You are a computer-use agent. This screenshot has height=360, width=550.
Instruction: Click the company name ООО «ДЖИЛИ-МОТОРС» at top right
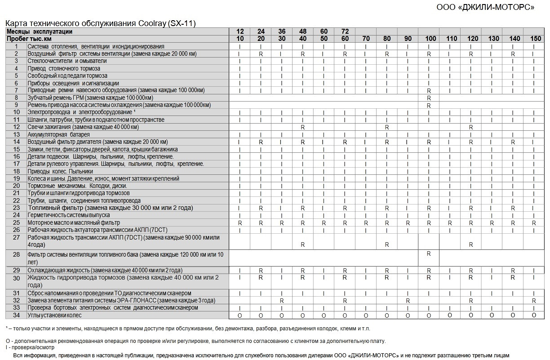pyautogui.click(x=485, y=7)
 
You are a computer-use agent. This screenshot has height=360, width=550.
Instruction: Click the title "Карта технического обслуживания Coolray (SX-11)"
pyautogui.click(x=100, y=23)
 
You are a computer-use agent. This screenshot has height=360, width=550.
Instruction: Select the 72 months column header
pyautogui.click(x=345, y=31)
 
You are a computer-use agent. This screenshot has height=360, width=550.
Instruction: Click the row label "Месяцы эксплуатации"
pyautogui.click(x=40, y=31)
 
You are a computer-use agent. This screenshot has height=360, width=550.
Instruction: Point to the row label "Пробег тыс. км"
pyautogui.click(x=29, y=39)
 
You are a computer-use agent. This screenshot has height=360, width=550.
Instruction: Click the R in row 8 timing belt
pyautogui.click(x=429, y=98)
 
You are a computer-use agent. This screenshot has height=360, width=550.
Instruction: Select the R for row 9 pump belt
pyautogui.click(x=429, y=105)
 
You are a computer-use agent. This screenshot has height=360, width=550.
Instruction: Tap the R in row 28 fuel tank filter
pyautogui.click(x=429, y=254)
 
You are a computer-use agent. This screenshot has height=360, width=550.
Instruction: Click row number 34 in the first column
pyautogui.click(x=17, y=315)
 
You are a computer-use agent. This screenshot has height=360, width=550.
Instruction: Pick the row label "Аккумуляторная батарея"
pyautogui.click(x=58, y=134)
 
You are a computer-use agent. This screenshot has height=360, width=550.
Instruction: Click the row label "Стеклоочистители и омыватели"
pyautogui.click(x=67, y=61)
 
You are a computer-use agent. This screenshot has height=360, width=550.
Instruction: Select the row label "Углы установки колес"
pyautogui.click(x=55, y=315)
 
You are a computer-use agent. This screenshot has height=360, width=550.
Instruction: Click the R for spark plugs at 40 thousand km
pyautogui.click(x=303, y=127)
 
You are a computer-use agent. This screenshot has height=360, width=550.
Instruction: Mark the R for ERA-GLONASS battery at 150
pyautogui.click(x=534, y=300)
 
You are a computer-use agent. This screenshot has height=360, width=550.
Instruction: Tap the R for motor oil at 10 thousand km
pyautogui.click(x=240, y=223)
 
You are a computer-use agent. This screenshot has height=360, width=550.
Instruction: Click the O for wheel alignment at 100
pyautogui.click(x=429, y=316)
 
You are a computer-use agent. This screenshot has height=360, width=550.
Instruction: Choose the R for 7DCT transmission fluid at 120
pyautogui.click(x=471, y=244)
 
